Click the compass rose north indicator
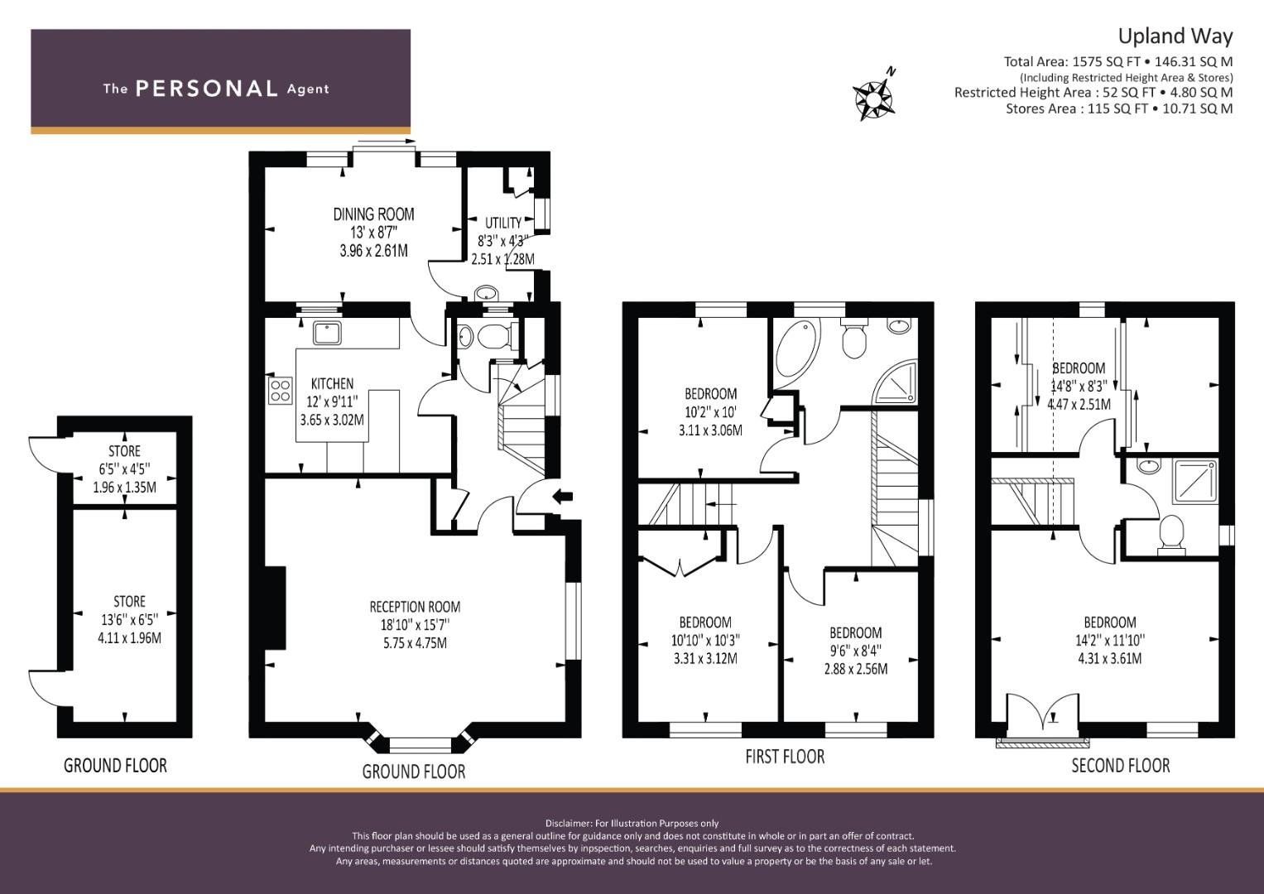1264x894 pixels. (x=875, y=97)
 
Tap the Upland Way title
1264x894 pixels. (x=1175, y=36)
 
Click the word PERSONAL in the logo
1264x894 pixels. (x=206, y=89)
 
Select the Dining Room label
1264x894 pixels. (x=373, y=214)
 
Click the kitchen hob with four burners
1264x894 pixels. (x=280, y=389)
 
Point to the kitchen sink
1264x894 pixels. (x=328, y=332)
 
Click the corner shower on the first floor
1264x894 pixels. (x=898, y=382)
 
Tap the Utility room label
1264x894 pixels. (x=502, y=223)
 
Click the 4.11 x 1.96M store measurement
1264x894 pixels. (x=129, y=637)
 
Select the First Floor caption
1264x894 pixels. (x=784, y=757)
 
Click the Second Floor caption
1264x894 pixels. (x=1120, y=766)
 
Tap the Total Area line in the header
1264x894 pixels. (x=1117, y=61)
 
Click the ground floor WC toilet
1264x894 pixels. (x=490, y=338)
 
